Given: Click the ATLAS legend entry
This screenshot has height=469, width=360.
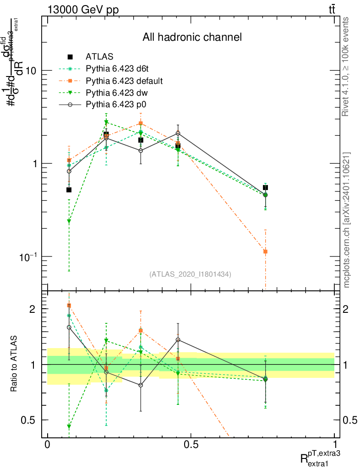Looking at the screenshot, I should pos(99,57).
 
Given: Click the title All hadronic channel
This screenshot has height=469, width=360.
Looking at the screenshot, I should pos(192,37).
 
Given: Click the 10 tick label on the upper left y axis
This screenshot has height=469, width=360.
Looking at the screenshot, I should pos(32,71).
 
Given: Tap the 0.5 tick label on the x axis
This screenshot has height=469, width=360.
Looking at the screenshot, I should pos(191,444).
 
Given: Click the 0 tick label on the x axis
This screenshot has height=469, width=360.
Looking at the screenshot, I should pos(47,444).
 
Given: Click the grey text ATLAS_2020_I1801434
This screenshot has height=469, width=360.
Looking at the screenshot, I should pos(190,274).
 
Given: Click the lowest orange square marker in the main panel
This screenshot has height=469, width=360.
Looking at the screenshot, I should pos(265,251).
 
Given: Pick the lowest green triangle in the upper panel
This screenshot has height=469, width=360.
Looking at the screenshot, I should pos(69,222).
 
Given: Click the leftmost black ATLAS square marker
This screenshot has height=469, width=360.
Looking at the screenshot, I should pos(69,190).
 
